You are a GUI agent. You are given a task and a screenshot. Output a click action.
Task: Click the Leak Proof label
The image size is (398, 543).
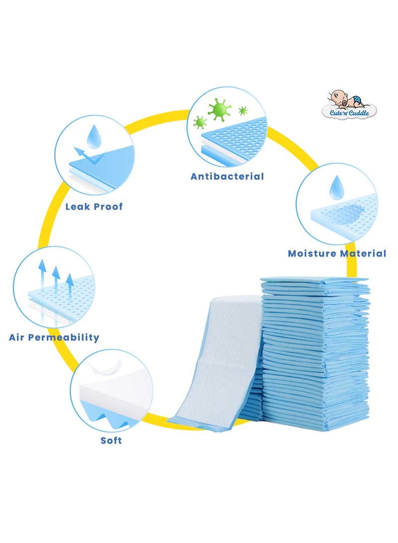(94, 206)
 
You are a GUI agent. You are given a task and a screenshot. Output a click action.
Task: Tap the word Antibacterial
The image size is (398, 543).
(227, 176)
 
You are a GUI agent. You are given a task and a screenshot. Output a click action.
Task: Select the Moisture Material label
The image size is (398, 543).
(337, 253)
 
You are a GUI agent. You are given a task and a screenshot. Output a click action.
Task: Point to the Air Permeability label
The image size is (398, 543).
(54, 337)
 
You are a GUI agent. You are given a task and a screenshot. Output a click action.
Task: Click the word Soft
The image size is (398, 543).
(110, 440)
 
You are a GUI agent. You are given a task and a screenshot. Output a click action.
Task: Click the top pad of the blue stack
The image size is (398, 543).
(314, 281)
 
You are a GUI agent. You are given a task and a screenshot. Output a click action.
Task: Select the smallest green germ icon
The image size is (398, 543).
(243, 110)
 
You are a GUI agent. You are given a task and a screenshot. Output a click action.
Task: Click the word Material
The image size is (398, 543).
(362, 253)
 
